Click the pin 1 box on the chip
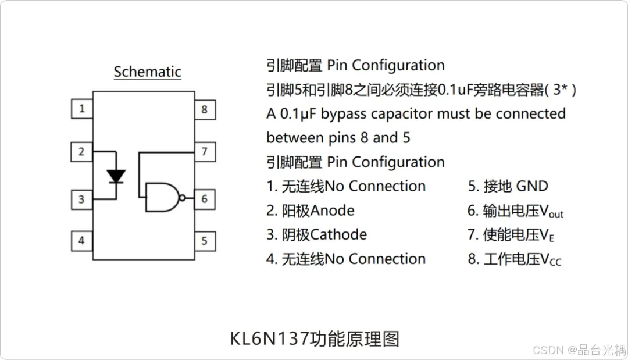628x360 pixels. tap(82, 108)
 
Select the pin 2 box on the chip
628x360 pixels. tap(82, 152)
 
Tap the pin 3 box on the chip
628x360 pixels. tap(82, 199)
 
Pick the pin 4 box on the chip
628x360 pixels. tap(82, 240)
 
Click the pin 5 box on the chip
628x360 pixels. tap(205, 240)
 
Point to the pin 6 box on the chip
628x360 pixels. tap(205, 199)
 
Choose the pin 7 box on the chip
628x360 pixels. tap(205, 152)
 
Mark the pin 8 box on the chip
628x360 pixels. tap(205, 109)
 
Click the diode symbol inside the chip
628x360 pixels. tap(117, 176)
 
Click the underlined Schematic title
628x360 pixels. tap(147, 72)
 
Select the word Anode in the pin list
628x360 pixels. tap(332, 210)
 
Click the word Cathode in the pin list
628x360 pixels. tap(338, 234)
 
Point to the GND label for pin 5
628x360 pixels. tap(532, 186)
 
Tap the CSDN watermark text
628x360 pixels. tap(545, 350)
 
